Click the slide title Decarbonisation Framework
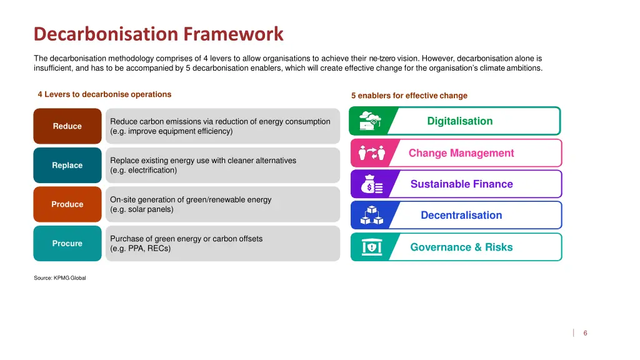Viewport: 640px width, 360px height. (158, 33)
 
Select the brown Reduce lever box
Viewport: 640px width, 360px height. (67, 126)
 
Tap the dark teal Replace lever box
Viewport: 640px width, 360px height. (67, 166)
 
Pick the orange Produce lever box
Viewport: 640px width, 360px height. (67, 204)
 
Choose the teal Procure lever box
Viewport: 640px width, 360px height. (67, 244)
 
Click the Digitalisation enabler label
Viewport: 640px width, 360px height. (460, 121)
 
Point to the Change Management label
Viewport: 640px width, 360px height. (461, 153)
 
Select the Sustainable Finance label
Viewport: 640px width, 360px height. (461, 184)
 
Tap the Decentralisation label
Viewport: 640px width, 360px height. (461, 216)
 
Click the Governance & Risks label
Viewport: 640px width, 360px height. (461, 247)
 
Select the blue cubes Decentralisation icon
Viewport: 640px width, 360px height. (369, 216)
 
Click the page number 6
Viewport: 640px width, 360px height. (585, 333)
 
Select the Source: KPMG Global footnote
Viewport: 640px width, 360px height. (60, 278)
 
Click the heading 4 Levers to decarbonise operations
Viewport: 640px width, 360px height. (104, 94)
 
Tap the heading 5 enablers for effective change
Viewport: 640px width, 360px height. (409, 96)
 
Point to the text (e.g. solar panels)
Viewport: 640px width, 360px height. (142, 209)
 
